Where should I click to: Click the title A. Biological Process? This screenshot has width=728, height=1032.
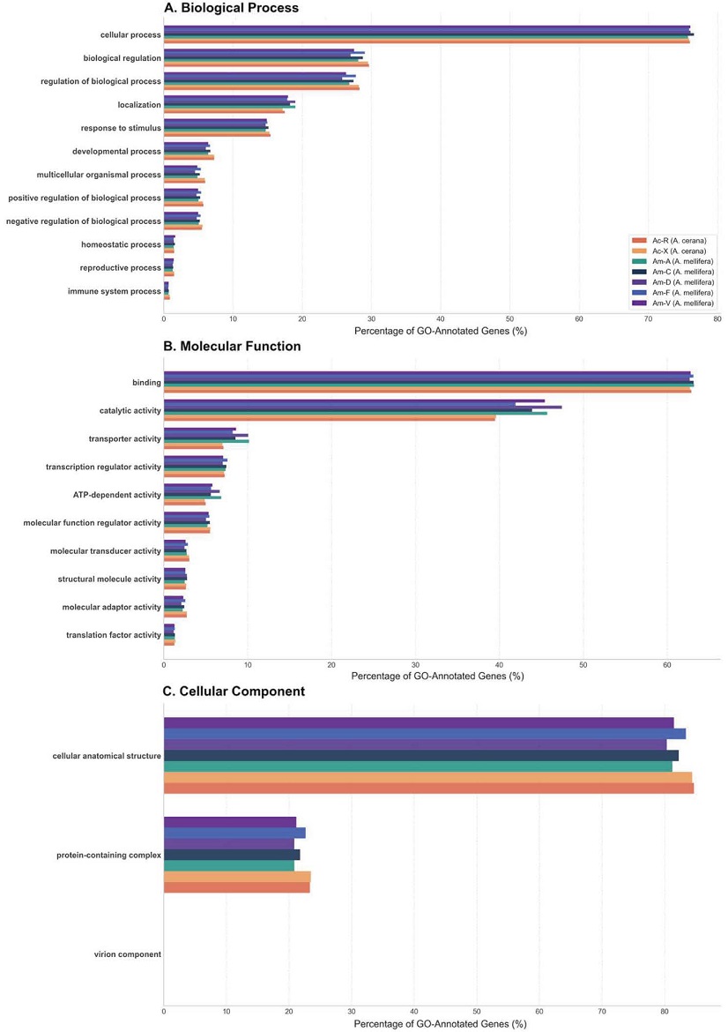[x=231, y=8]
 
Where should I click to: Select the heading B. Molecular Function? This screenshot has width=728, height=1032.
[x=232, y=346]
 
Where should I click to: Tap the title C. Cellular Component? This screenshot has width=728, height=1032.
[x=234, y=691]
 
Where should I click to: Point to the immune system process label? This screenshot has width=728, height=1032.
[x=115, y=291]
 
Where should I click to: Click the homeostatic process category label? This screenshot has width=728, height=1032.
[x=121, y=244]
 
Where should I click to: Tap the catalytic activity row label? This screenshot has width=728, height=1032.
[x=130, y=411]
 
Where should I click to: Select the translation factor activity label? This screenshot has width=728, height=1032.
[x=114, y=635]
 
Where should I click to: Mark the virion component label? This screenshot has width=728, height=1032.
[x=128, y=954]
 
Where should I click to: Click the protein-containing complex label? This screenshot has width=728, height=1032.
[x=109, y=855]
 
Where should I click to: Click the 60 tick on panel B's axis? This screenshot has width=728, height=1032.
[x=667, y=665]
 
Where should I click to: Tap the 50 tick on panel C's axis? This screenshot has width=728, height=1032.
[x=477, y=1011]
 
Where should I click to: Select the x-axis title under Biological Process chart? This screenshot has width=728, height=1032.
[x=441, y=331]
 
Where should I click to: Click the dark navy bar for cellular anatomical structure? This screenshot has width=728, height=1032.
[x=421, y=756]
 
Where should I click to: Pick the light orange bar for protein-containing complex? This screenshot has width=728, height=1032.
[x=237, y=877]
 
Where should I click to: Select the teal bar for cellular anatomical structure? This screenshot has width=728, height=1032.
[x=419, y=767]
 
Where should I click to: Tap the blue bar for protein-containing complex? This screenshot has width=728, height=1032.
[x=234, y=833]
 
